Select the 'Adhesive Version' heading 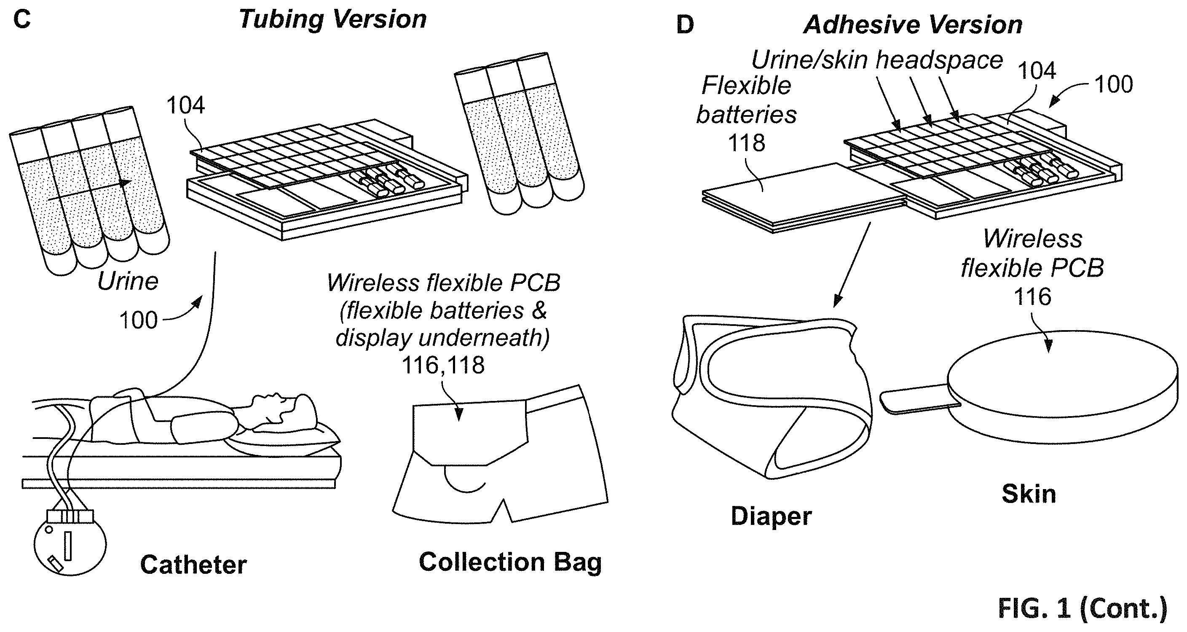click(x=913, y=24)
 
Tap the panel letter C click(x=21, y=19)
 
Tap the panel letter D click(x=685, y=25)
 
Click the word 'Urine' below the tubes click(x=128, y=281)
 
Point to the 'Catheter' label click(x=193, y=565)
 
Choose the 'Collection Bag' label click(x=511, y=562)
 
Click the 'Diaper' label click(x=772, y=516)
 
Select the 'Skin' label click(x=1029, y=494)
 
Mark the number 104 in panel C click(x=185, y=105)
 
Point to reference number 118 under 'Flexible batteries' click(x=747, y=143)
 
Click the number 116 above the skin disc click(x=1033, y=296)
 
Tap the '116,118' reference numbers click(x=443, y=366)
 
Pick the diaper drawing click(x=772, y=396)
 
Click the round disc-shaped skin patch click(x=1060, y=387)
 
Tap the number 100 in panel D click(x=1113, y=85)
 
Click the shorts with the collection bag click(x=501, y=454)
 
